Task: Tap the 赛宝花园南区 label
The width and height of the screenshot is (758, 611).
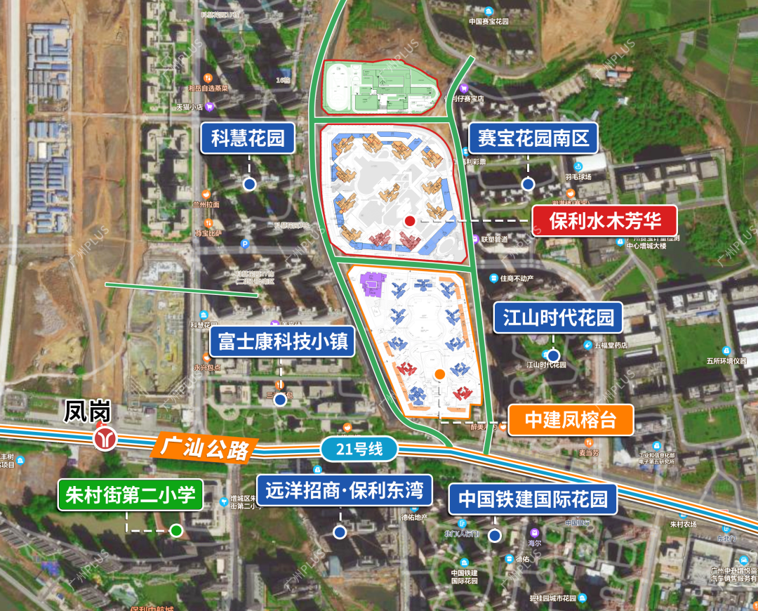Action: tap(533, 138)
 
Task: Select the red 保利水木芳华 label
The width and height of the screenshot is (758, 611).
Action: tap(605, 221)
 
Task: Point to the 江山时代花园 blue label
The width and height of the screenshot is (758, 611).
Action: tap(558, 318)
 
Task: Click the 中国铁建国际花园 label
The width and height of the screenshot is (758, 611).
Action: tap(533, 499)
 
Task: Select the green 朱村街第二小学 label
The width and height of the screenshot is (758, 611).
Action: tap(130, 494)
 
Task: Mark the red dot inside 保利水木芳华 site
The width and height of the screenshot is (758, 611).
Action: tap(410, 221)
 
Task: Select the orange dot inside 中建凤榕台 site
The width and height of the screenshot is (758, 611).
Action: tap(439, 374)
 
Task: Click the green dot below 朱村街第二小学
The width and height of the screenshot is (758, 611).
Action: tap(176, 531)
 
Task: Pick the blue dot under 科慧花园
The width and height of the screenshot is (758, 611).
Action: tap(249, 184)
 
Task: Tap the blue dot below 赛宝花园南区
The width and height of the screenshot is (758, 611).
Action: tap(528, 184)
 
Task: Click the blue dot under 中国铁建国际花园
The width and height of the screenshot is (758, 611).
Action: tap(495, 537)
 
